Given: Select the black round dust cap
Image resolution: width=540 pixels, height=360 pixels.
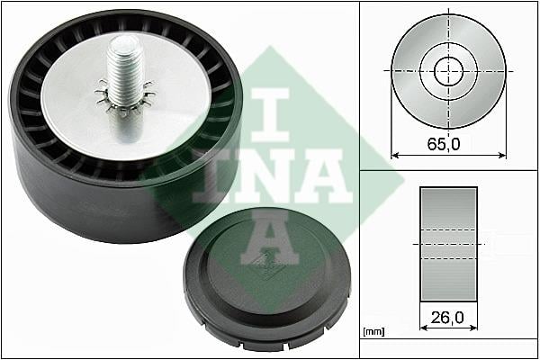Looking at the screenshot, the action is point(267,279).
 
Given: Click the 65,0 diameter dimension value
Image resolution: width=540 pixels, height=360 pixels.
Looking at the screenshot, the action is point(444,144).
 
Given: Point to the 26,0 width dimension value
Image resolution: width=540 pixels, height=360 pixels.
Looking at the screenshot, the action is point(447,318).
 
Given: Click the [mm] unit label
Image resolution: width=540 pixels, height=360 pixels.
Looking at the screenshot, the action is point(373,332).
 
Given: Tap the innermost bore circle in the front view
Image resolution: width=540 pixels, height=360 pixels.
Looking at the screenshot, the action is point(448,71).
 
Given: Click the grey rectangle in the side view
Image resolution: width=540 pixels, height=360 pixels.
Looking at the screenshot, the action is point(448,244).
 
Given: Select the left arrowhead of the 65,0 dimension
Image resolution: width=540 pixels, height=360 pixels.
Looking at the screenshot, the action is point(395,156).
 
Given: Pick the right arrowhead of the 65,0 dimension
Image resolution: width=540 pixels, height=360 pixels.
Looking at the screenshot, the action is point(502,156).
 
